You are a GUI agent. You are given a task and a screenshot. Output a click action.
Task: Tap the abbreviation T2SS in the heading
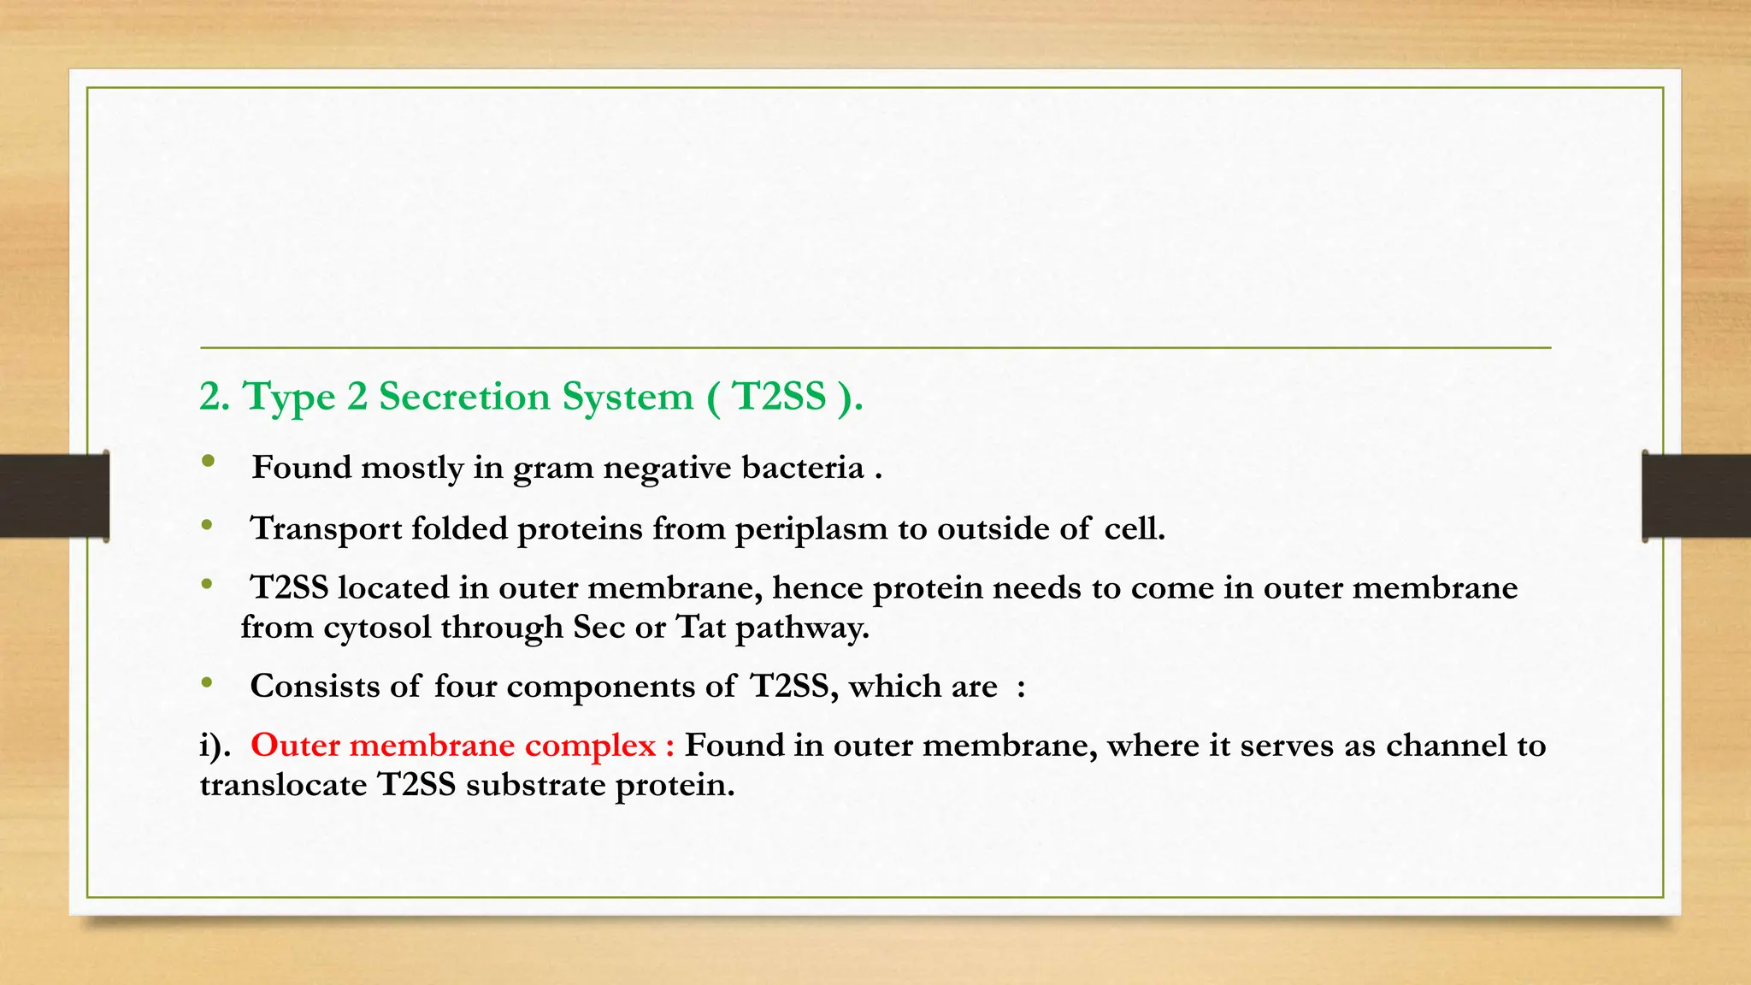coord(780,397)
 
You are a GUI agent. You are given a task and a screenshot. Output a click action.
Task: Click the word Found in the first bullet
coord(302,468)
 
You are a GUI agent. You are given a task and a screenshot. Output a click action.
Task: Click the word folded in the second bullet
coord(460,528)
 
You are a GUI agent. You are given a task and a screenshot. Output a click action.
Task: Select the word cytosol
coord(377,628)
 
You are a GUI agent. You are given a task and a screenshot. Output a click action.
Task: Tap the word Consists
coord(315,687)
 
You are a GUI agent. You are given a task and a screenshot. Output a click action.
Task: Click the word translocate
coord(283,785)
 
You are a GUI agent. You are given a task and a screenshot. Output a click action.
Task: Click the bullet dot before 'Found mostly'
coord(208,463)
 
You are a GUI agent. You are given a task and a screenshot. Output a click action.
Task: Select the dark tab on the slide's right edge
coord(1696,496)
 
